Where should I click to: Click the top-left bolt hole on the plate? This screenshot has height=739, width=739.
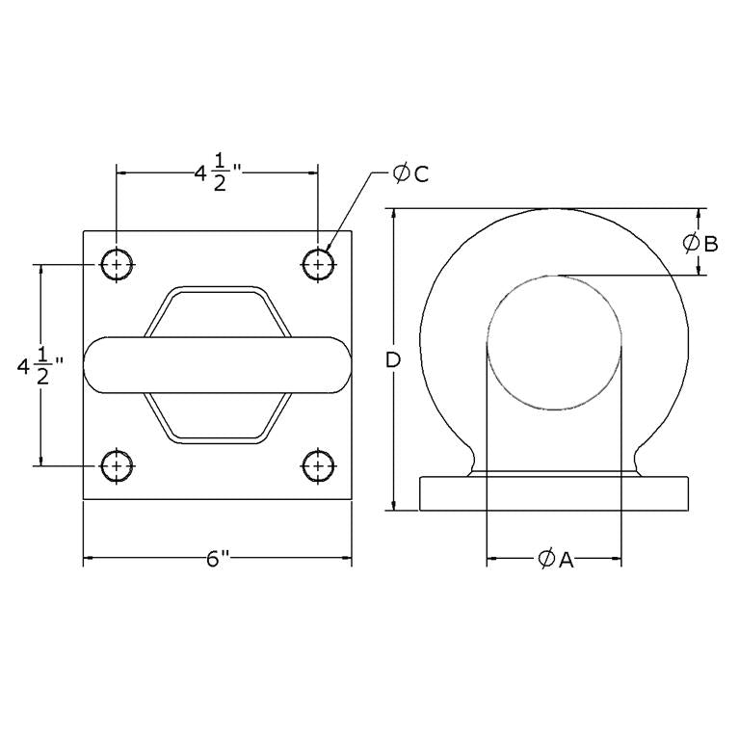(117, 263)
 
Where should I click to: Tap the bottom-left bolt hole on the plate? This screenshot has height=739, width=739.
(117, 465)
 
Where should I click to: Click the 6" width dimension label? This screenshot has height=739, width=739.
(217, 560)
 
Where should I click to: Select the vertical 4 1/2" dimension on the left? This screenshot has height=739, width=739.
(40, 366)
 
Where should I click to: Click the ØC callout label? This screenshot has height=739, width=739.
(409, 173)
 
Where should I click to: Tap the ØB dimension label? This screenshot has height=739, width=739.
(700, 243)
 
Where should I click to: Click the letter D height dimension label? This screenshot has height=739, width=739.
(393, 360)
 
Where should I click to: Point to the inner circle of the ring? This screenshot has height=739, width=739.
(555, 342)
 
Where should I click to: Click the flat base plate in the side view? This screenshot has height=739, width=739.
(555, 492)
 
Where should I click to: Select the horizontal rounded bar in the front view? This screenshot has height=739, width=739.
(217, 365)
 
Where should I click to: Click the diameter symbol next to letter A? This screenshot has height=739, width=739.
(543, 559)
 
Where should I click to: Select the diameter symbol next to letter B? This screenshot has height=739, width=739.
(691, 243)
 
